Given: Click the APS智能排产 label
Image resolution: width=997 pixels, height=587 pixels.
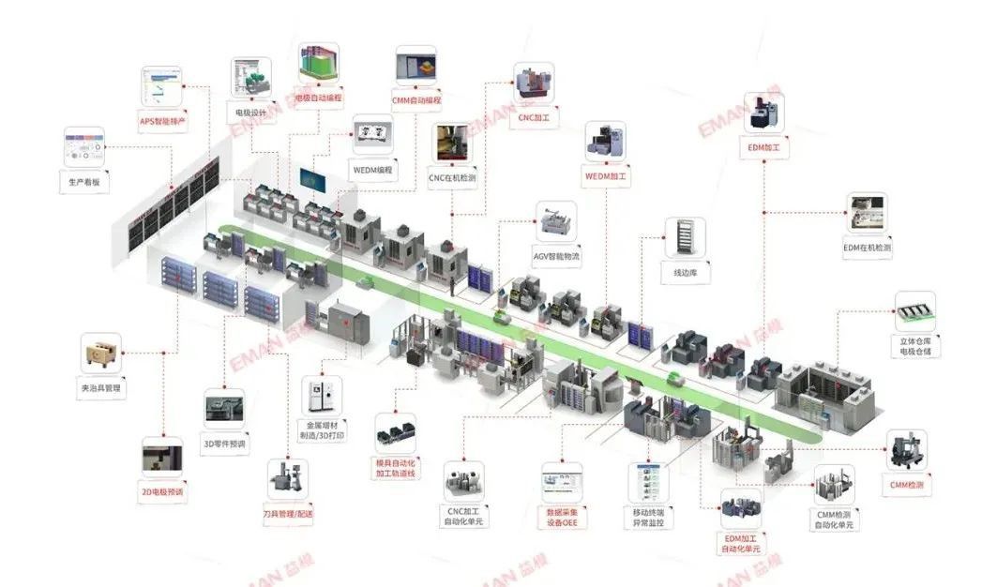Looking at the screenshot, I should point(163,122).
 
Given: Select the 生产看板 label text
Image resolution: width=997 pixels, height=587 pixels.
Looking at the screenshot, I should point(84,181).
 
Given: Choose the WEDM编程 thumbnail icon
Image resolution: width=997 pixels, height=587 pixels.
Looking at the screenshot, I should point(371,135).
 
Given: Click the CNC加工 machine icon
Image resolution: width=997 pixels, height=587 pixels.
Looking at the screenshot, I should point(533,84).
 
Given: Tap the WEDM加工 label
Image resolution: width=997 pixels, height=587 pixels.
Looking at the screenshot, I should point(606,176).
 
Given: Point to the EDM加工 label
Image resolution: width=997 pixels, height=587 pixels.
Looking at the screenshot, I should point(763,148).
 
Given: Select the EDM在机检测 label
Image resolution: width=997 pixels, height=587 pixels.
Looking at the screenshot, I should point(867,248).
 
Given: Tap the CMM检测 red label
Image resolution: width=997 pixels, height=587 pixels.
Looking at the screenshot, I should point(907,485).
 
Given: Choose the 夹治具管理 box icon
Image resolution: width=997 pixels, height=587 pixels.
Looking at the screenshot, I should point(100,354).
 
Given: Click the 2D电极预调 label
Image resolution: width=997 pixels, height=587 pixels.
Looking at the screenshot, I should point(162,491).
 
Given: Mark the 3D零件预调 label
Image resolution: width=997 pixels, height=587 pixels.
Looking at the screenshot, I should point(225,444).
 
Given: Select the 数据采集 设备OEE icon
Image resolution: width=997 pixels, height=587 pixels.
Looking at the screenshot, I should point(562,482).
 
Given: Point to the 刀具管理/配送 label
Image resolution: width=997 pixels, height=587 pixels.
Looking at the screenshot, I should point(288,515).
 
